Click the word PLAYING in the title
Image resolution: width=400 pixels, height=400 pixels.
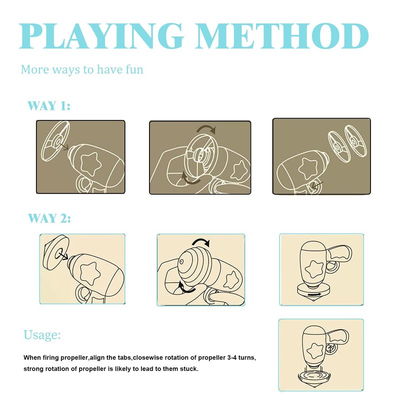[101, 35]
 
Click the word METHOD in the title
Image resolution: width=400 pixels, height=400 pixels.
[282, 35]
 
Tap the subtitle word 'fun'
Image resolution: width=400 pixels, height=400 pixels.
[134, 69]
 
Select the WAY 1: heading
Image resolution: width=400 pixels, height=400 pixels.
[48, 105]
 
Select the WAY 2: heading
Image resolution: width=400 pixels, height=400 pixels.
[49, 218]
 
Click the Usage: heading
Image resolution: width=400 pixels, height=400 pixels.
[42, 334]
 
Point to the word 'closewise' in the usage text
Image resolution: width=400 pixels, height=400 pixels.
[147, 357]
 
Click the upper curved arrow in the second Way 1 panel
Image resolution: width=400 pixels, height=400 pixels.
[206, 129]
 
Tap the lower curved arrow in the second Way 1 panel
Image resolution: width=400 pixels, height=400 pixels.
[190, 178]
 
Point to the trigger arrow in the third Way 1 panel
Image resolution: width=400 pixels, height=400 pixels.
[317, 185]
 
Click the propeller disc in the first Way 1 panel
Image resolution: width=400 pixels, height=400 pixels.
[56, 141]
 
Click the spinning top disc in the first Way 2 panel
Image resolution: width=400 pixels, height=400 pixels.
[56, 252]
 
